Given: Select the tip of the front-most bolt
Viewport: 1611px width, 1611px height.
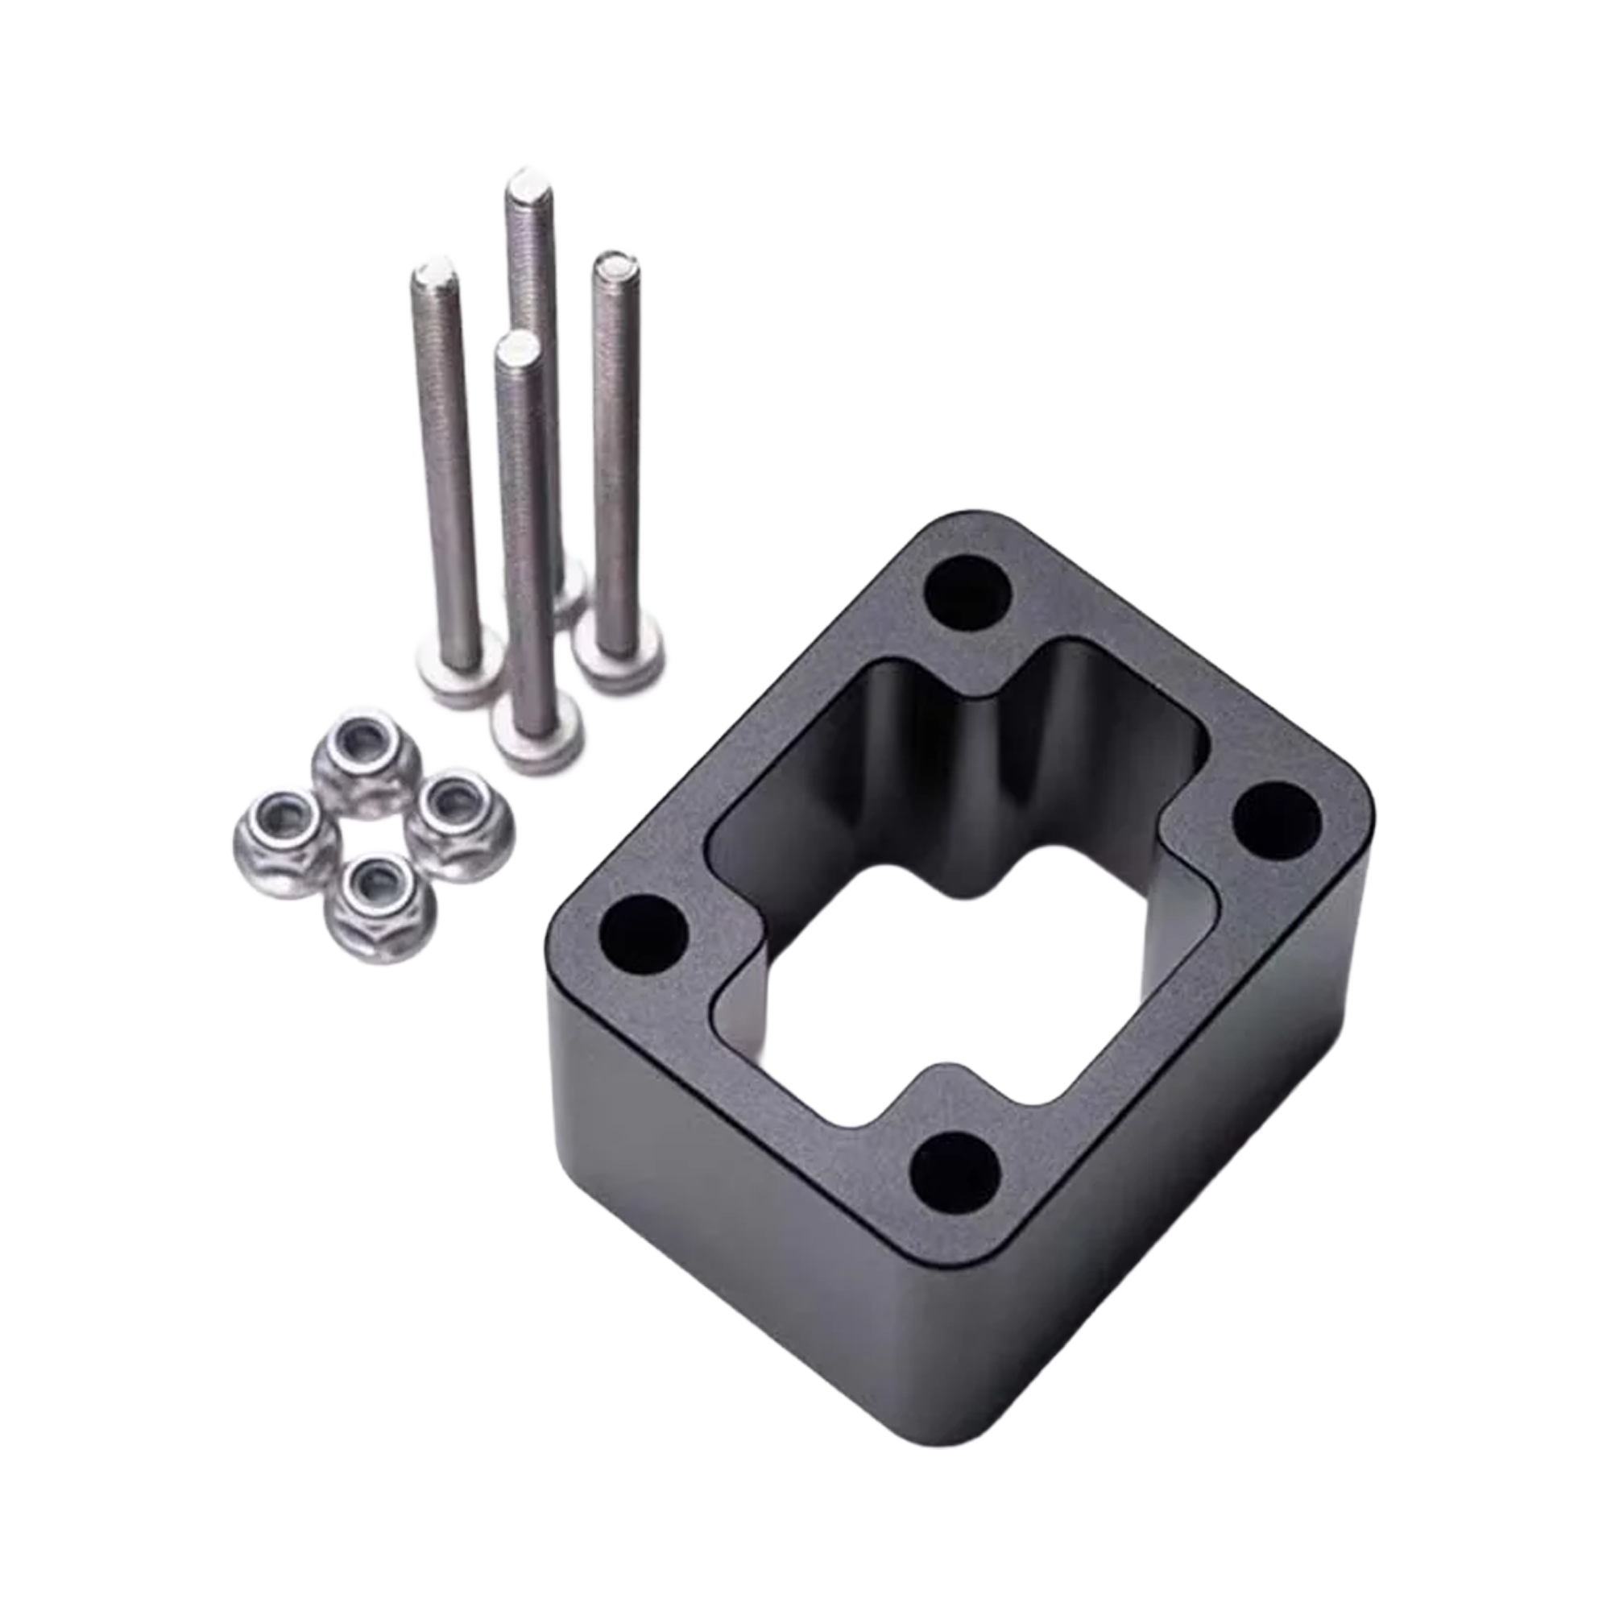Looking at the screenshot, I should click(514, 345).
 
